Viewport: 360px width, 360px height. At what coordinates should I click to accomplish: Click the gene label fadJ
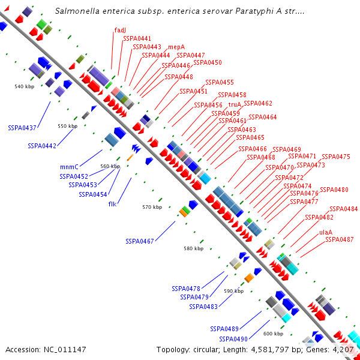[120, 29]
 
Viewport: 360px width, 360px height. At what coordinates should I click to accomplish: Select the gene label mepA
[176, 46]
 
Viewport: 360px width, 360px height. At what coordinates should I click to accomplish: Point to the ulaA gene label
[326, 232]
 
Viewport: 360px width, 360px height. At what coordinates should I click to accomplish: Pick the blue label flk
[112, 204]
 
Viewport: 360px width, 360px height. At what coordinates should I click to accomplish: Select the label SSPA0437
[22, 128]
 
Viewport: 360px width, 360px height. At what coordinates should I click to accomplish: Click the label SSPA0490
[233, 339]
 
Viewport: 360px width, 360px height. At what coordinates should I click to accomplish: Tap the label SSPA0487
[339, 239]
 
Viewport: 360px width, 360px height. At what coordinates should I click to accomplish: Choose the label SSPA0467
[140, 241]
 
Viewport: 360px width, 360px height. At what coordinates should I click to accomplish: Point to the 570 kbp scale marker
[152, 207]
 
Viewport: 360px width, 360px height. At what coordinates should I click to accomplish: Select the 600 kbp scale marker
[273, 334]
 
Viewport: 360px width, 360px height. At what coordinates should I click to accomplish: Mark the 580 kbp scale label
[193, 248]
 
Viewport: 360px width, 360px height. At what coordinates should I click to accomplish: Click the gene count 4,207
[344, 349]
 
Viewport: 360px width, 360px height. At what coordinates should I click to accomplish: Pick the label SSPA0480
[334, 190]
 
